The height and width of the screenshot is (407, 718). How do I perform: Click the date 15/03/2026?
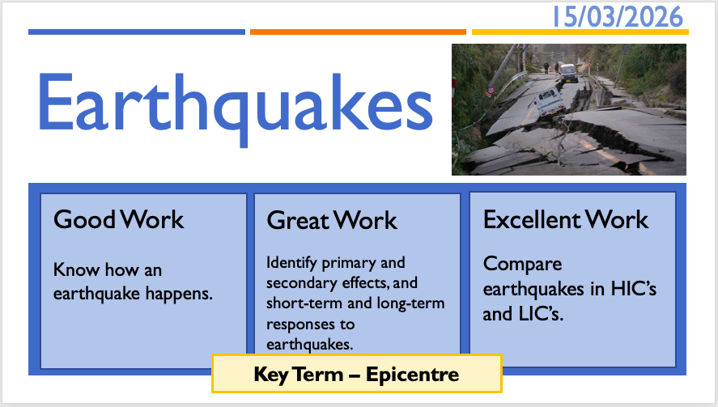click(x=618, y=17)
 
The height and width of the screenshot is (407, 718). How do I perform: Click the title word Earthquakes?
click(x=235, y=109)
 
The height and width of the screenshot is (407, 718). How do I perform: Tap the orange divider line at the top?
click(x=358, y=32)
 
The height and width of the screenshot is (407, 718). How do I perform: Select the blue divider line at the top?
click(x=137, y=32)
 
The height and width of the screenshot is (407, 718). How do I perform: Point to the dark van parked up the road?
click(x=568, y=72)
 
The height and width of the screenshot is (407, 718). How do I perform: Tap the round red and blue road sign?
click(x=491, y=90)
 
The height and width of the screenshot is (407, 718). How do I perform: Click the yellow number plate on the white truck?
click(x=556, y=110)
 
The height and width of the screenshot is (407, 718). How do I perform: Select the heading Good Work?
click(x=119, y=219)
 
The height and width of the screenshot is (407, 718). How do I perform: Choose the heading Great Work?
click(x=332, y=220)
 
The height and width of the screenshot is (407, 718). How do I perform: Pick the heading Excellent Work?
click(x=566, y=219)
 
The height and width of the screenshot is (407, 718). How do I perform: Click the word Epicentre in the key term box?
click(x=412, y=375)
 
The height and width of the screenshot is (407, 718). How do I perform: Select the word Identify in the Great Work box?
click(x=291, y=263)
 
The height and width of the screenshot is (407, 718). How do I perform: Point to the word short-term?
click(x=304, y=303)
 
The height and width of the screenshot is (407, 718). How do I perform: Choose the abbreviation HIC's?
click(x=634, y=289)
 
